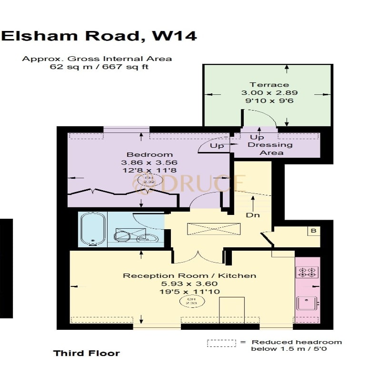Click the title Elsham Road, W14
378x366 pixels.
[x=99, y=36]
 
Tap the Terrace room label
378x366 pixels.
[x=270, y=84]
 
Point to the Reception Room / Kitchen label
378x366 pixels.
[x=189, y=275]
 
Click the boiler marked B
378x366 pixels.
[x=313, y=232]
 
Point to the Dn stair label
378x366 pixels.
[x=252, y=215]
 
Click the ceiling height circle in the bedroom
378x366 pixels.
[x=146, y=180]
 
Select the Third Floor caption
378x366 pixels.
[x=86, y=353]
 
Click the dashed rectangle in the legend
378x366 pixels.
[x=221, y=343]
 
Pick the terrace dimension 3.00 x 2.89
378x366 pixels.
[x=269, y=92]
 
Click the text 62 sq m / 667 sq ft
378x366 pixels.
[x=99, y=67]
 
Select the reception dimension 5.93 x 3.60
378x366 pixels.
[x=189, y=284]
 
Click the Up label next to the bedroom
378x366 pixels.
[x=217, y=146]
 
